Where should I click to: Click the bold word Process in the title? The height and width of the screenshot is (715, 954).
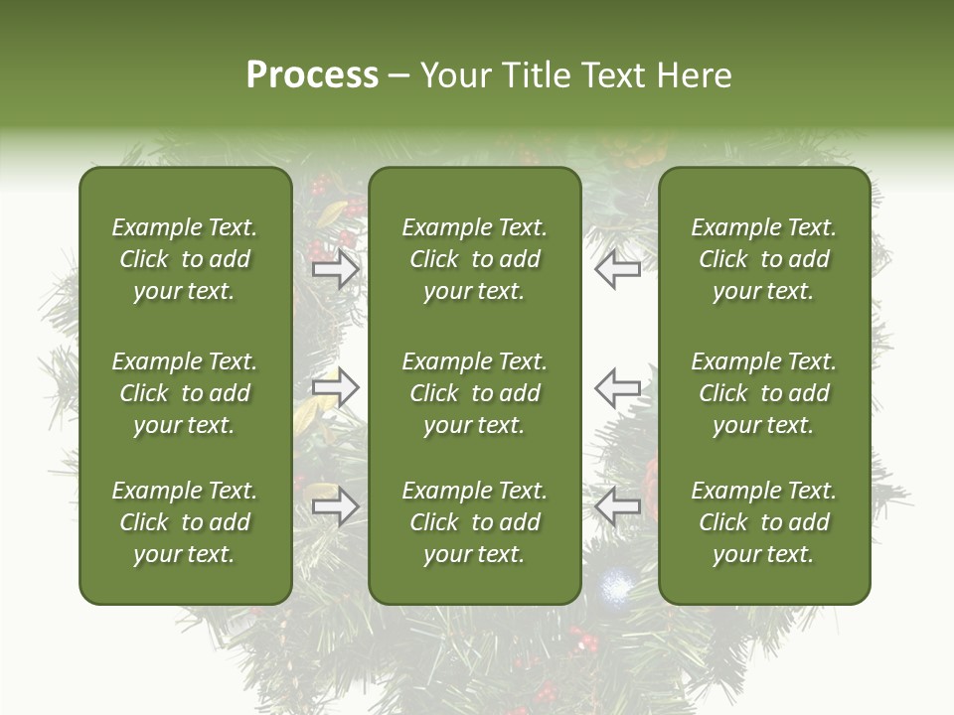coord(312,75)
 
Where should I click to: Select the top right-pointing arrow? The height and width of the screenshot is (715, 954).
coord(335,269)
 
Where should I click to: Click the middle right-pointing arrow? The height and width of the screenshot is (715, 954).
coord(335,388)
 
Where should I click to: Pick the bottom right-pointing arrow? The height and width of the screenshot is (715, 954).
coord(335,507)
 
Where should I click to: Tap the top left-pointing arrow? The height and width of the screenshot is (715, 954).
coord(618,269)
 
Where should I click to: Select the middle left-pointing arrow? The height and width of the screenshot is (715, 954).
coord(618,388)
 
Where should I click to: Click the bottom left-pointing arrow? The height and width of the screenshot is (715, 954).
coord(618,507)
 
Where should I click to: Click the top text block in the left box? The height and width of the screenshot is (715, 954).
coord(185,259)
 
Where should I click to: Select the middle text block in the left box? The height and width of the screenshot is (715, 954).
coord(185,393)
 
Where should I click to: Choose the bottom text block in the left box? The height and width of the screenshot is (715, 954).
coord(185,522)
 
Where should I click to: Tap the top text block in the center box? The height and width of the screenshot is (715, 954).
coord(475,259)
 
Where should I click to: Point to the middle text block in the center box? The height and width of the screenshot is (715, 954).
coord(475,393)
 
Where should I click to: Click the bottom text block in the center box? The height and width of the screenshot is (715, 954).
coord(475,522)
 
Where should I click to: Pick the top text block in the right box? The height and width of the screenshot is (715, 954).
coord(764,259)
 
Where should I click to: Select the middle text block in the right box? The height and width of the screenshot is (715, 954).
coord(764,393)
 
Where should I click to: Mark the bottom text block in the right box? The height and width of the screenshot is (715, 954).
coord(764,522)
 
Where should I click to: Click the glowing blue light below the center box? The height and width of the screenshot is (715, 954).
coord(616,588)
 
